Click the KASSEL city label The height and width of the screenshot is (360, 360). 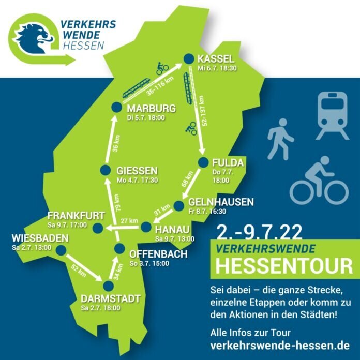[216, 58]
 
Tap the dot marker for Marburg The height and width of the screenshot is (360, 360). [116, 108]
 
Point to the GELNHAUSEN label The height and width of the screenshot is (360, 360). [222, 202]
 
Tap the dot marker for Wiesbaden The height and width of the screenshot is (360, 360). [62, 250]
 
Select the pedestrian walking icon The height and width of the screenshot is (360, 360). [280, 139]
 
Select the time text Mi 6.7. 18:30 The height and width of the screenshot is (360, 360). [217, 68]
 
